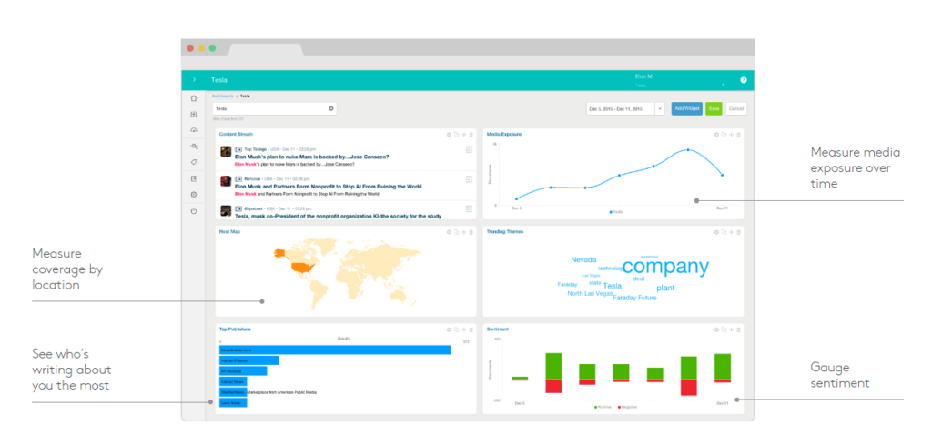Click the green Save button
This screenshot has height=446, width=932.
pyautogui.click(x=714, y=108)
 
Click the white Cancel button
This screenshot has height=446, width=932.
pyautogui.click(x=735, y=108)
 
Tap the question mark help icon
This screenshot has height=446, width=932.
pyautogui.click(x=743, y=80)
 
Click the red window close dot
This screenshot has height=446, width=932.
pyautogui.click(x=190, y=47)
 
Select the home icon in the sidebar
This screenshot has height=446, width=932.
pyautogui.click(x=193, y=98)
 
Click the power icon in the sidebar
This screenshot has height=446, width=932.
pyautogui.click(x=193, y=210)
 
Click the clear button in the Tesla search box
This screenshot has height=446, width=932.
pyautogui.click(x=331, y=108)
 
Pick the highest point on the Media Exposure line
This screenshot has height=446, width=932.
pyautogui.click(x=688, y=149)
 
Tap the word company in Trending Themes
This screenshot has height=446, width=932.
pyautogui.click(x=665, y=267)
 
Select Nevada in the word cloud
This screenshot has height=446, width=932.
pyautogui.click(x=583, y=259)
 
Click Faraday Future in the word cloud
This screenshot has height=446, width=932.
pyautogui.click(x=636, y=298)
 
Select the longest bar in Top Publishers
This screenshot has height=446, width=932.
pyautogui.click(x=334, y=350)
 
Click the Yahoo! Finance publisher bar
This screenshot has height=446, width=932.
pyautogui.click(x=248, y=360)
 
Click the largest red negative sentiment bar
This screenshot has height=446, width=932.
pyautogui.click(x=553, y=386)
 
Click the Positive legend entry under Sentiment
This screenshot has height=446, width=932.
pyautogui.click(x=603, y=407)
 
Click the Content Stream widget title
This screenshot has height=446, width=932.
pyautogui.click(x=236, y=134)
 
